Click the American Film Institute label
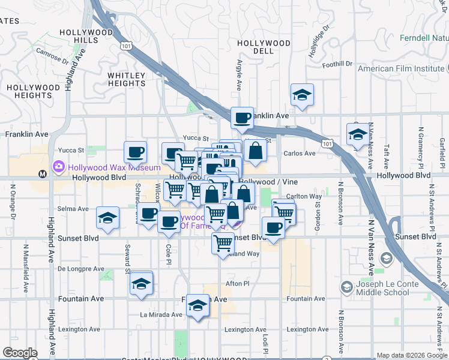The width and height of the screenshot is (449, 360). pos(400,68)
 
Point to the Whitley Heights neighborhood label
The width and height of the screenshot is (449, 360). pos(127,79)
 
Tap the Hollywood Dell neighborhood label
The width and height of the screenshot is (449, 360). pos(264,47)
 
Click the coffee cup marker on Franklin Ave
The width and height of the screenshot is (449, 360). pos(243,118)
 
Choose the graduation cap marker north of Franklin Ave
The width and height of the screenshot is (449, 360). pos(302,95)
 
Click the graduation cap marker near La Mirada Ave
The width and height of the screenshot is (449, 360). pos(197,305)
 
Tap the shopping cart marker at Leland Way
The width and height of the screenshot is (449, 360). pos(223,243)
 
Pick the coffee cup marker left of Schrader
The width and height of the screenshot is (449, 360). pos(135,152)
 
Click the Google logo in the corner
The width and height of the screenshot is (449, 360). pos(20,353)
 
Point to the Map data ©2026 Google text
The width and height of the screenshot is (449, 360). pos(411,355)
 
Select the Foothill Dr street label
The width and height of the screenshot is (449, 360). pos(337,64)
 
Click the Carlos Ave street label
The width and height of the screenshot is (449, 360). pos(300,153)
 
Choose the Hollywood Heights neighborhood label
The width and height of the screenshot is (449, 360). pos(33,91)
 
